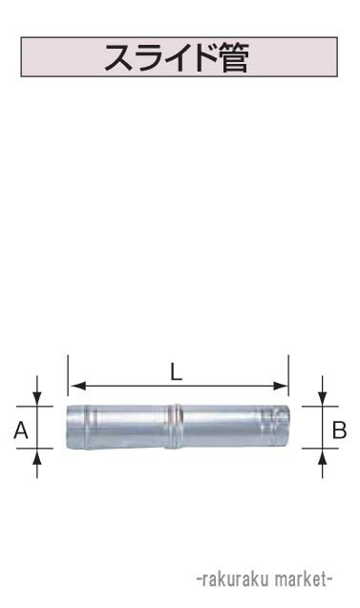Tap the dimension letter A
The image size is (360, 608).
(21, 431)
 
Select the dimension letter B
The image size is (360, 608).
(339, 431)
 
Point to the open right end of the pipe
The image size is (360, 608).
(283, 427)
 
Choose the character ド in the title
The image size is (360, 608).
(199, 59)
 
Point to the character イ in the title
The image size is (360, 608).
(173, 59)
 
